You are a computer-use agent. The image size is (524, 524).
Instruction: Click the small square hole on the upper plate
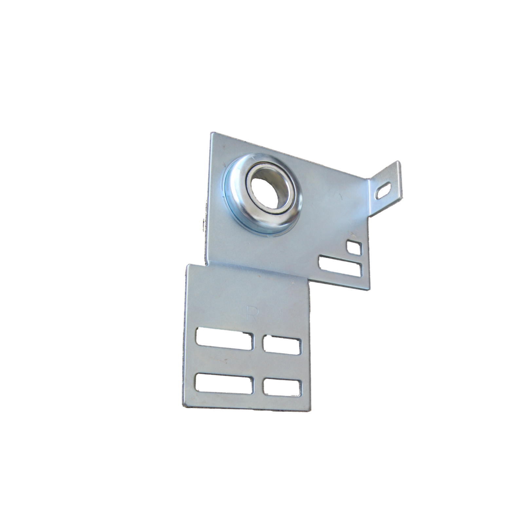click(355, 248)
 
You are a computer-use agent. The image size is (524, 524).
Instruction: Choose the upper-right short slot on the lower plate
click(282, 345)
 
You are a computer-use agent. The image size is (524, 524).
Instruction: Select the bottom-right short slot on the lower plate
click(282, 386)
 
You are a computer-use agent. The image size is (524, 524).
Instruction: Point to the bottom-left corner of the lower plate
click(185, 406)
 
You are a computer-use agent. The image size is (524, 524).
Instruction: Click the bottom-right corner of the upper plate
click(369, 288)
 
